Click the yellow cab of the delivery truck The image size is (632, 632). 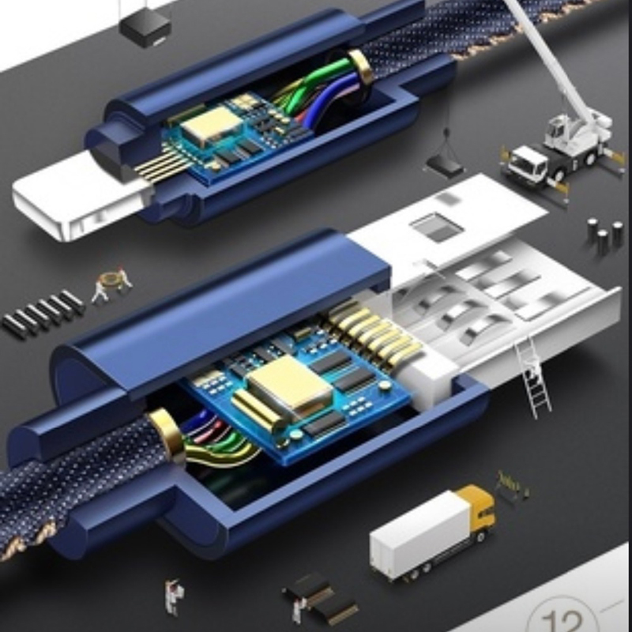coord(479,510)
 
